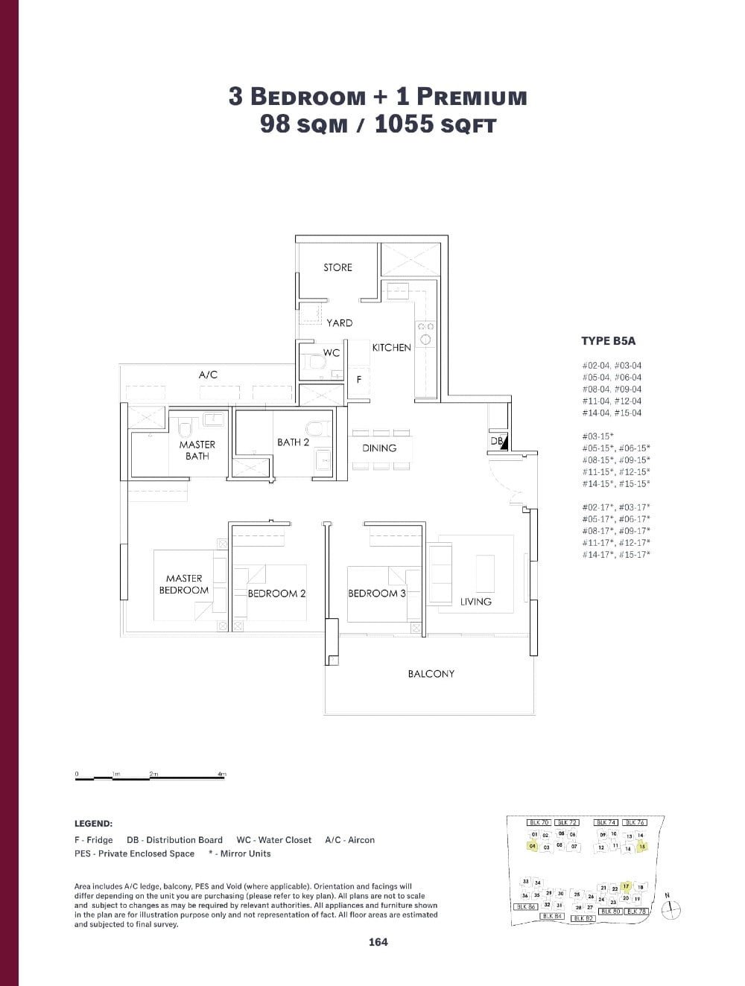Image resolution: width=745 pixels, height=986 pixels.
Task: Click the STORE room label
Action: click(337, 267)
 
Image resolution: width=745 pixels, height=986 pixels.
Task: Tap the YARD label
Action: click(339, 323)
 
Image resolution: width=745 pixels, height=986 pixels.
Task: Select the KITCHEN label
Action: click(391, 348)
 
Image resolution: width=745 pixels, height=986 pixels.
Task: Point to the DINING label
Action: click(379, 448)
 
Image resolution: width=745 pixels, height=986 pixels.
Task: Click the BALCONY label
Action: click(431, 674)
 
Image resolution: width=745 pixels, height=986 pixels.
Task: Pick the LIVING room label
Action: click(475, 602)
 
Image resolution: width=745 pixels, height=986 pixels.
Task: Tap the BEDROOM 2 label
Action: click(276, 594)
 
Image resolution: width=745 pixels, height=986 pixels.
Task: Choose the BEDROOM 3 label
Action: click(377, 594)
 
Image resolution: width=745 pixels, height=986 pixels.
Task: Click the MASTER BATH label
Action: click(197, 450)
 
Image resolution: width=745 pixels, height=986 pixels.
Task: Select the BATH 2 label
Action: click(293, 442)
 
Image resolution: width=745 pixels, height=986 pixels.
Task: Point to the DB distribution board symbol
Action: click(498, 442)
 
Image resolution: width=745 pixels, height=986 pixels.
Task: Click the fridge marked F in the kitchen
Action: click(359, 379)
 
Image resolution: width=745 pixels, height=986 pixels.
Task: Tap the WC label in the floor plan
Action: click(331, 353)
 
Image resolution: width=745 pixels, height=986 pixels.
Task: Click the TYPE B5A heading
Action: click(608, 341)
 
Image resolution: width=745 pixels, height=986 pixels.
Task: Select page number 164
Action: click(378, 942)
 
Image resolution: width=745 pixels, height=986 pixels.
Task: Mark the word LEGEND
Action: click(93, 824)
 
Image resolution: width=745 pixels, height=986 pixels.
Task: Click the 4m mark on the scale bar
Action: click(221, 775)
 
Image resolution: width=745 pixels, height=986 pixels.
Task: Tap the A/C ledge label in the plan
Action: click(208, 375)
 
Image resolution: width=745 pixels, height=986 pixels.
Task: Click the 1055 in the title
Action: click(404, 124)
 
